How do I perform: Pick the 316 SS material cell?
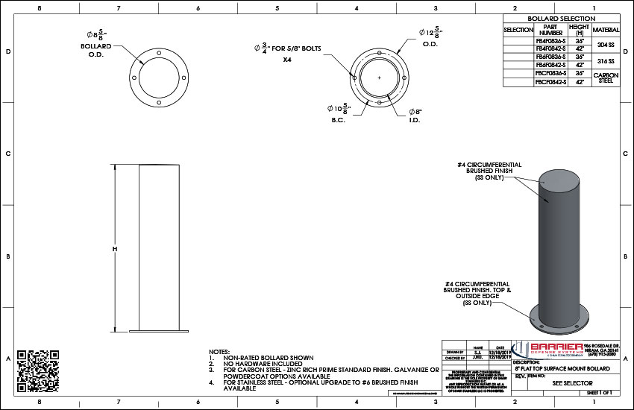[605, 61]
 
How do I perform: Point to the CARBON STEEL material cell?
[605, 78]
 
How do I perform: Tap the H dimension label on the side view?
[115, 248]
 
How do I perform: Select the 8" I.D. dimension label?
[415, 116]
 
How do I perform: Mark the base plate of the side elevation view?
[159, 331]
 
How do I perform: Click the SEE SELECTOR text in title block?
[567, 382]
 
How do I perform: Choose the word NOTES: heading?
[219, 351]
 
